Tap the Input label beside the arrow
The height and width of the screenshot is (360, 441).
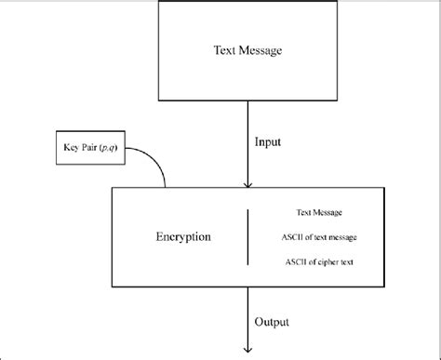[x=269, y=142]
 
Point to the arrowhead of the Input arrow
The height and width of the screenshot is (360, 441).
[x=247, y=184]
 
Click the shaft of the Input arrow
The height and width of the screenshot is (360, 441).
[x=247, y=140]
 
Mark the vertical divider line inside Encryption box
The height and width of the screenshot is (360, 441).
[x=247, y=237]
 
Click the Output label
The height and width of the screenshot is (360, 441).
[x=272, y=322]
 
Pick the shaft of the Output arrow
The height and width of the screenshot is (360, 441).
[x=247, y=316]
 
